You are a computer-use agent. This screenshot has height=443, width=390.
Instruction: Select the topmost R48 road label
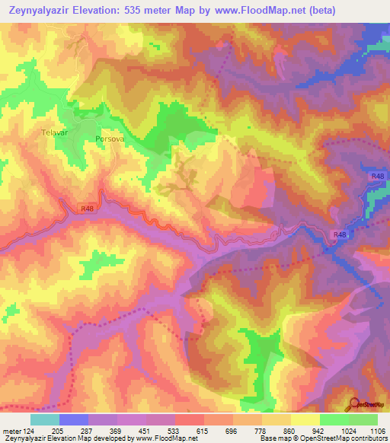coord(378,177)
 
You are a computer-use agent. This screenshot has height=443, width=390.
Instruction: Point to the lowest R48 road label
coord(340,236)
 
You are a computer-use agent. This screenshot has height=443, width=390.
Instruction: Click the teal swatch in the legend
coord(44,419)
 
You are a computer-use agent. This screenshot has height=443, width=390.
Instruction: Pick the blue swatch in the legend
coord(74,419)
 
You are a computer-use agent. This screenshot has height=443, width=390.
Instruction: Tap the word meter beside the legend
coord(12,432)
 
